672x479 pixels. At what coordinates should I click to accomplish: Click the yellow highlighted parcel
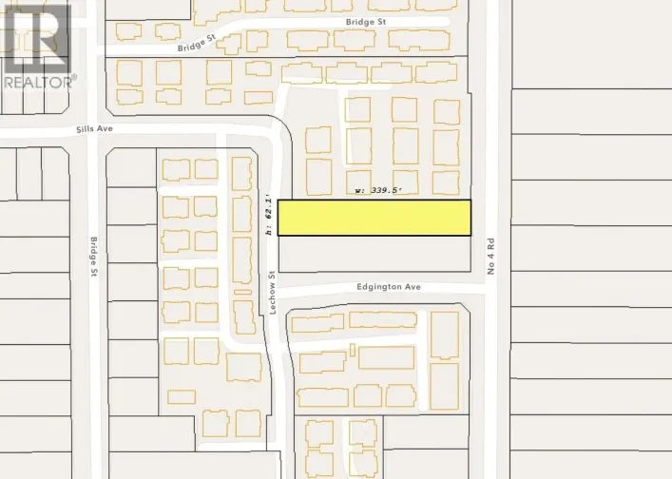tap(374, 218)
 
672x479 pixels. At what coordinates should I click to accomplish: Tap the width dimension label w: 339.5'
tap(377, 191)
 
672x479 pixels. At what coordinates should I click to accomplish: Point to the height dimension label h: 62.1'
tap(270, 215)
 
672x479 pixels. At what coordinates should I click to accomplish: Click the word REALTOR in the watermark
tap(35, 82)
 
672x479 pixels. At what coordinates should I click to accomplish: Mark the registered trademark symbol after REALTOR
tap(74, 77)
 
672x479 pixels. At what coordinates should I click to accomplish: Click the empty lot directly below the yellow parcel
tap(374, 253)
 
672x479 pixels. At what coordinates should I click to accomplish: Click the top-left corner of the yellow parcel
tap(278, 201)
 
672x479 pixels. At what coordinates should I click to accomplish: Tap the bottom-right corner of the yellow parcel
tap(470, 235)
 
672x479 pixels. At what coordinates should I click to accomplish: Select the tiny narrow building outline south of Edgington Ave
tap(352, 350)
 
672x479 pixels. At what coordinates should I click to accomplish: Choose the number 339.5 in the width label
tap(384, 191)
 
